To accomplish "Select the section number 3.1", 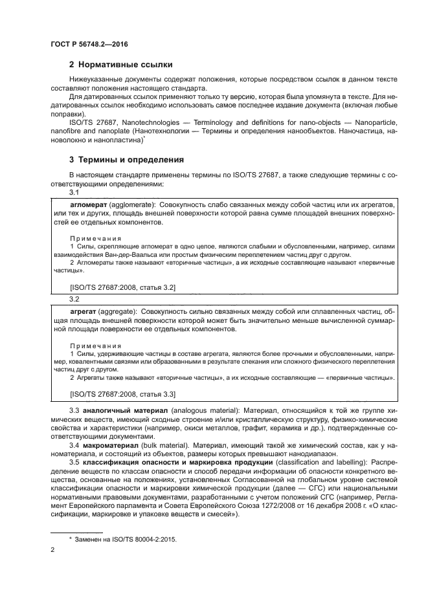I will (x=74, y=192).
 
